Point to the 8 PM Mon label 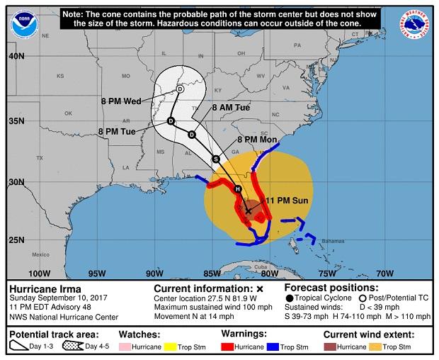click(x=257, y=140)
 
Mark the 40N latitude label click(x=16, y=56)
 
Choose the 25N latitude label click(x=16, y=240)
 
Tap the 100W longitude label click(x=38, y=274)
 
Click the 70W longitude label click(x=384, y=274)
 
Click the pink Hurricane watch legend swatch click(x=129, y=348)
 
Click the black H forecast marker click(x=238, y=189)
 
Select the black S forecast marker click(x=216, y=159)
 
